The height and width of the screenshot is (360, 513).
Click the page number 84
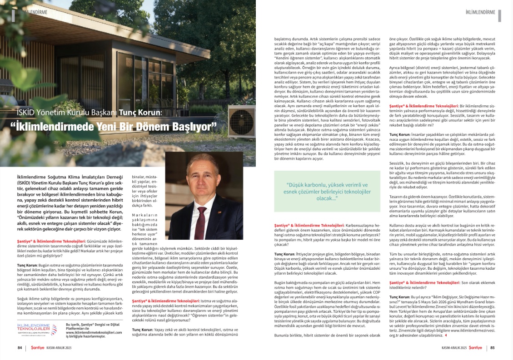20,348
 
